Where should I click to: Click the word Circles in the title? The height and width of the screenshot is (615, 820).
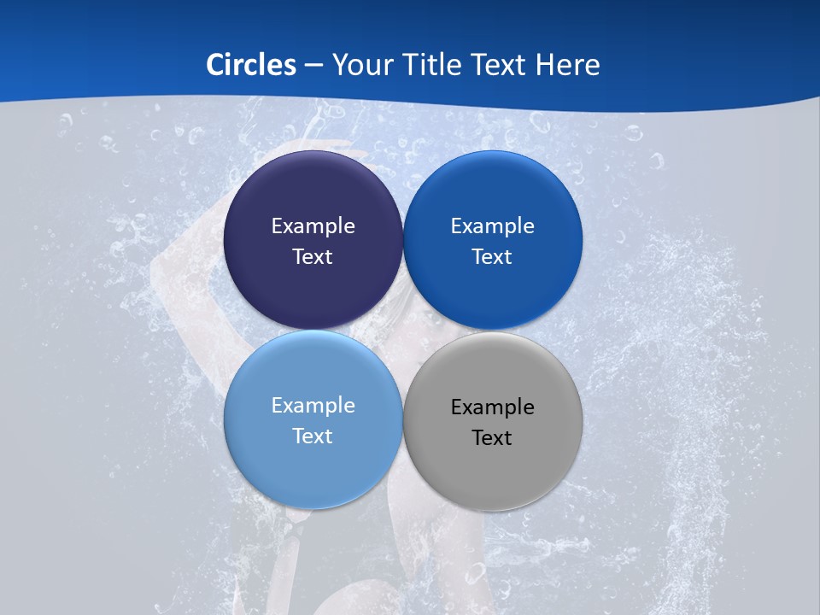251,65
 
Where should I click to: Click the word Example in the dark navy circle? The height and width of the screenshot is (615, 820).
313,226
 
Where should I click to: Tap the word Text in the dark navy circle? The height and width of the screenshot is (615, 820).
313,257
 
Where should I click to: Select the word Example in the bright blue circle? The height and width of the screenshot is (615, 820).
492,226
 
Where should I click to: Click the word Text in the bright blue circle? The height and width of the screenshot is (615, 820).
492,257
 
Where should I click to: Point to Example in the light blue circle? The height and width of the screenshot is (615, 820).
313,406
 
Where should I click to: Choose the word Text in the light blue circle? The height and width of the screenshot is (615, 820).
313,436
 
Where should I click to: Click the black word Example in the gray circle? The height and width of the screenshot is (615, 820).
492,407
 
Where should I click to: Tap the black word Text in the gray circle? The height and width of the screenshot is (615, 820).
492,438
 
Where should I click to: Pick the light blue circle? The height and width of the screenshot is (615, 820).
313,470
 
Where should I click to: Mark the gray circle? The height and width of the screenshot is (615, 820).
492,474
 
